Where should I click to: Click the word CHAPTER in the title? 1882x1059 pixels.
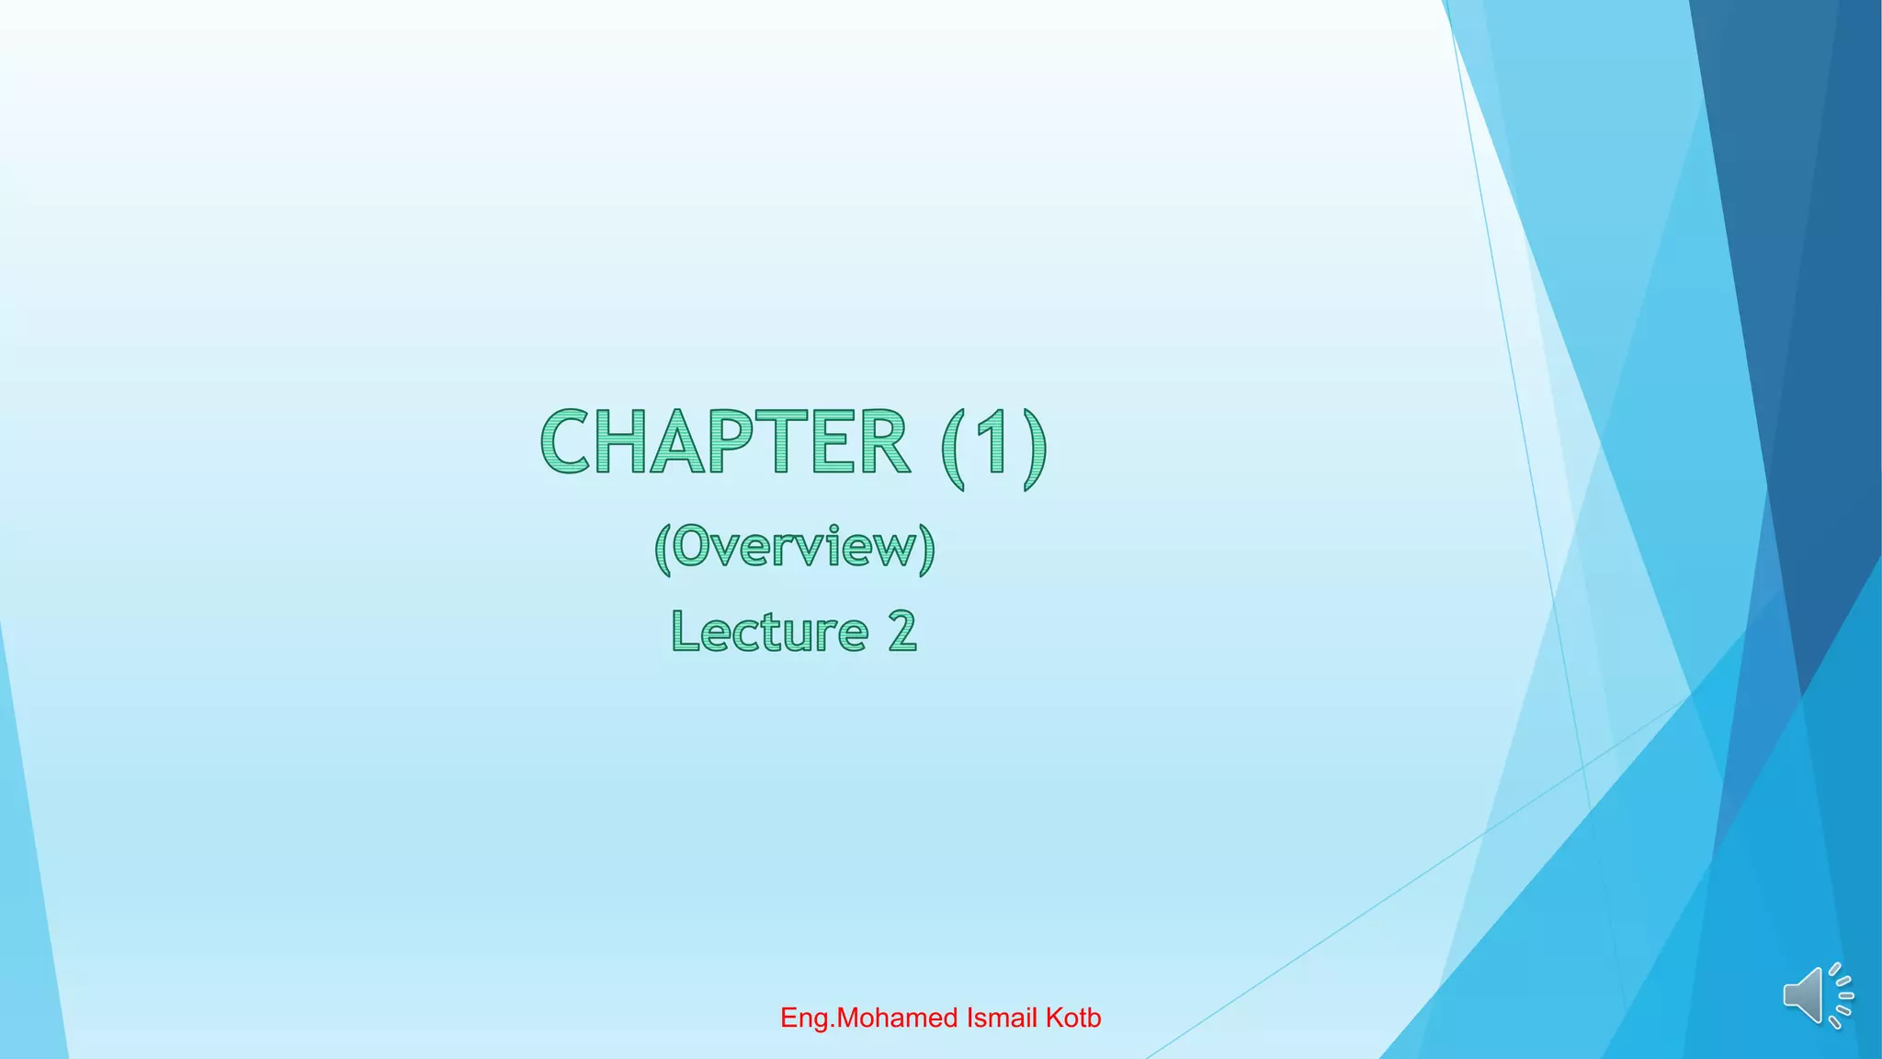pos(725,442)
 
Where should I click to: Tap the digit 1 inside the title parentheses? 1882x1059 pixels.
pos(992,442)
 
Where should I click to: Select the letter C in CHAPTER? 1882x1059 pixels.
pos(564,442)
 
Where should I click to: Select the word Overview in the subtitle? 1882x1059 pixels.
pos(795,547)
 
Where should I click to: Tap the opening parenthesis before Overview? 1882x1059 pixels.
pos(663,549)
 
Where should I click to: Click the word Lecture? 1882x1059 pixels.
pos(770,632)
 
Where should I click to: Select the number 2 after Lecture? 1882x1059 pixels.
pos(902,632)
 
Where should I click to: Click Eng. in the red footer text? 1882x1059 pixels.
pos(806,1019)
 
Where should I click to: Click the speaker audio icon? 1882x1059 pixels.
pos(1816,996)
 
